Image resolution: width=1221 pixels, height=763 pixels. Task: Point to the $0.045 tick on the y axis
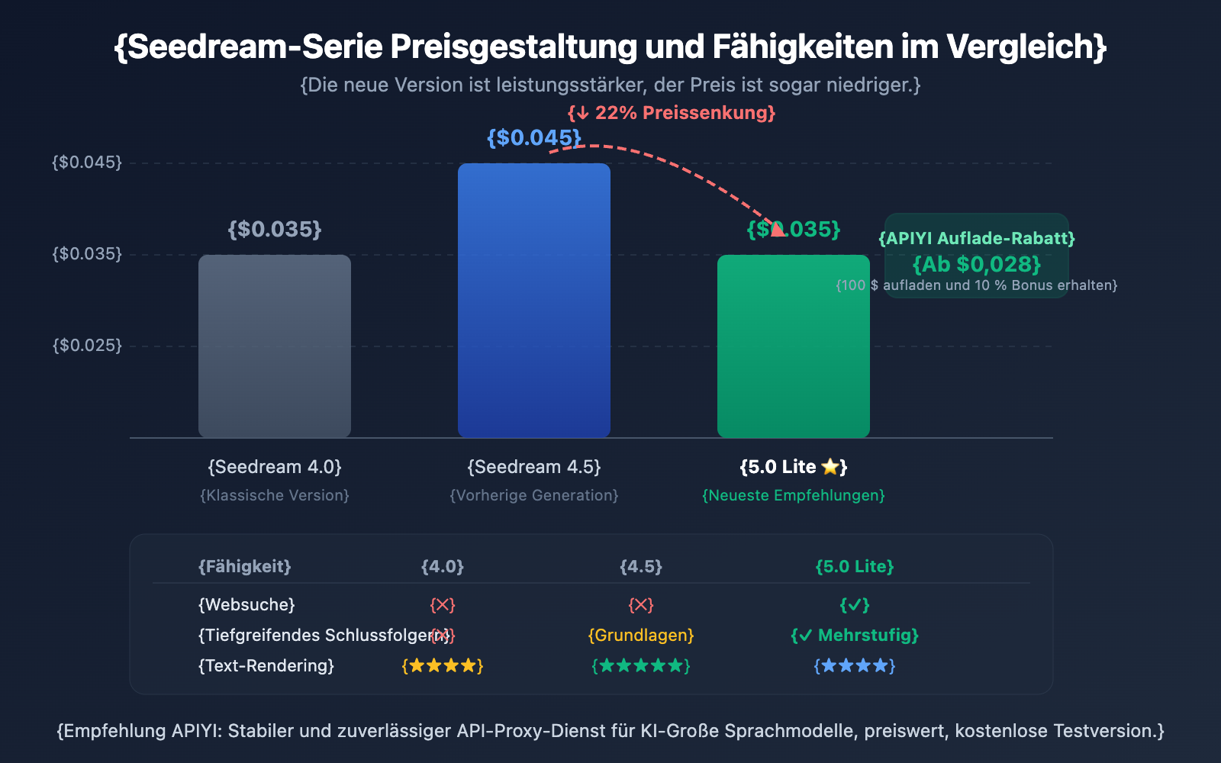(87, 163)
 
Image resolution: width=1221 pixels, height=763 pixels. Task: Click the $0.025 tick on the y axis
(87, 346)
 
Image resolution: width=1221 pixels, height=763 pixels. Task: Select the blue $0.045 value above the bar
(534, 138)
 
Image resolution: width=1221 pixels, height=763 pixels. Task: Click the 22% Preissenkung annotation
(672, 113)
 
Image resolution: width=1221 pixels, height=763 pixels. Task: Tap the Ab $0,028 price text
(977, 265)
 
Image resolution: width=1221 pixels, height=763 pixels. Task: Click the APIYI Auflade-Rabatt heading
(977, 239)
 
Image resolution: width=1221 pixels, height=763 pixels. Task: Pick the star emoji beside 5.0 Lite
(830, 467)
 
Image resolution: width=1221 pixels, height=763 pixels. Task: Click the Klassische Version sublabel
(275, 496)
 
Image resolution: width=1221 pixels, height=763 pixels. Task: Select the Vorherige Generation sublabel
(534, 496)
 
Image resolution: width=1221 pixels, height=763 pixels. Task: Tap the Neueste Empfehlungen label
(794, 496)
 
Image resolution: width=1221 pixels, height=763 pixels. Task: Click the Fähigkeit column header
(244, 567)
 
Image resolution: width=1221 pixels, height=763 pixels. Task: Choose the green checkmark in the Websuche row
(855, 605)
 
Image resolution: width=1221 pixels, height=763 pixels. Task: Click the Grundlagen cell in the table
(641, 636)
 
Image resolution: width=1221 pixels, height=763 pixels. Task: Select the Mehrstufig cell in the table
(855, 636)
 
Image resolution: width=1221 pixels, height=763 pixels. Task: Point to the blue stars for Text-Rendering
(855, 666)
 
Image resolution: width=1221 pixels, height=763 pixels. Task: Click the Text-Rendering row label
(266, 666)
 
